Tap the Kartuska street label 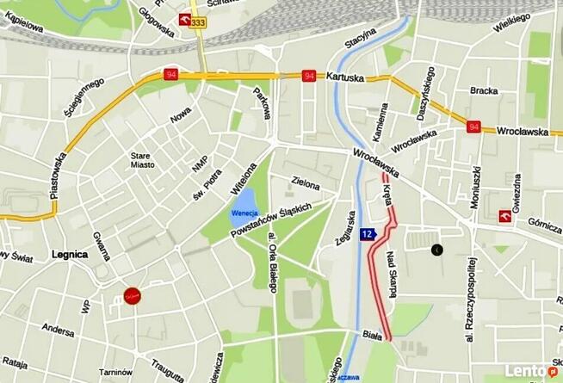point(345,76)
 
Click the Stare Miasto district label point(141,161)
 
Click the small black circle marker point(436,250)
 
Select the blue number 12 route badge point(368,234)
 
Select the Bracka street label point(485,90)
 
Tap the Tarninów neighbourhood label point(115,371)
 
